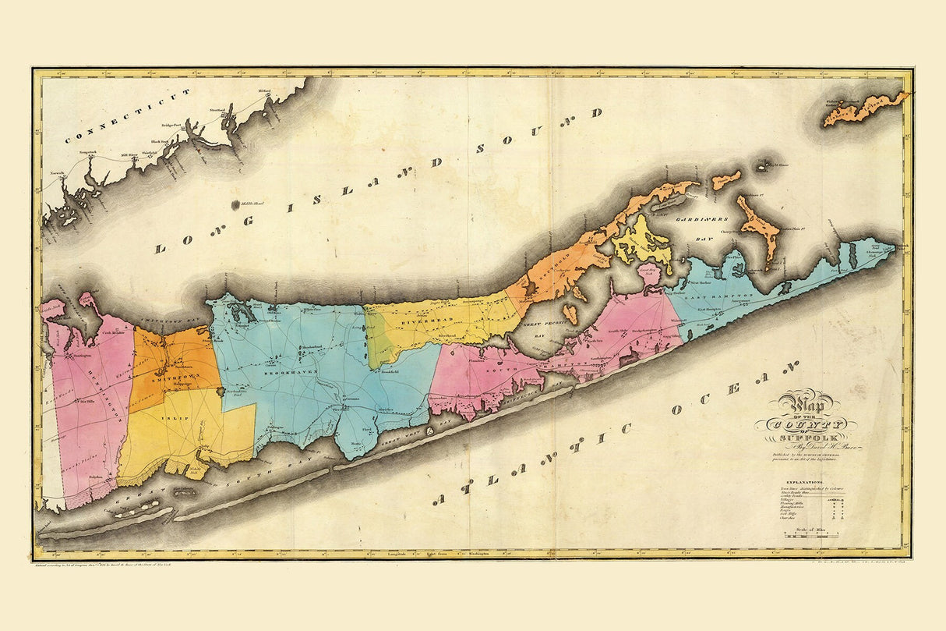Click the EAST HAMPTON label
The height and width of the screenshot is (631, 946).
(718, 298)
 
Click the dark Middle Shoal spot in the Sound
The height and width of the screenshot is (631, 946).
(236, 205)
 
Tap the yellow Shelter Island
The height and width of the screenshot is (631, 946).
(641, 243)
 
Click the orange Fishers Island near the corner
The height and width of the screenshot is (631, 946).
(867, 109)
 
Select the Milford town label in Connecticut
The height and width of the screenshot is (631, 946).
(263, 91)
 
